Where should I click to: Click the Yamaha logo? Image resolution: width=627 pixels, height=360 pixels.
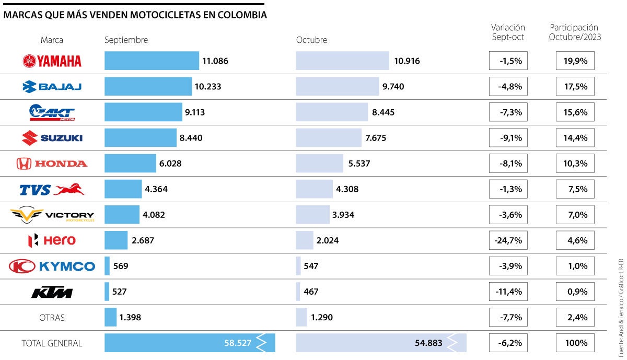tap(52, 61)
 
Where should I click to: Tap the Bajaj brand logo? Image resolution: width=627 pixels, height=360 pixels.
tap(52, 87)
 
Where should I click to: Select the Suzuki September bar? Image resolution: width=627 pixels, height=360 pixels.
tap(140, 138)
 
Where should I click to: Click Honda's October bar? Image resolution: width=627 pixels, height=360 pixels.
tap(319, 164)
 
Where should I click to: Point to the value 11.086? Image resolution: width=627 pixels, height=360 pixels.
tap(215, 61)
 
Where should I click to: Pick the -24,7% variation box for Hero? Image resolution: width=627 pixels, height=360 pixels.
tap(508, 240)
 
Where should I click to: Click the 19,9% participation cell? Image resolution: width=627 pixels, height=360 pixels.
tap(575, 61)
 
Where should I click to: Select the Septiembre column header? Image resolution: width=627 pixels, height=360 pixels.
tap(126, 40)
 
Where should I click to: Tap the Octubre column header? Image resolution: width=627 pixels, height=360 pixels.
tap(311, 40)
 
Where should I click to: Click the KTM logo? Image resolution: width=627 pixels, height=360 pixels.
tap(52, 292)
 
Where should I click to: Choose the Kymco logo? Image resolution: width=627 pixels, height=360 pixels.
tap(52, 266)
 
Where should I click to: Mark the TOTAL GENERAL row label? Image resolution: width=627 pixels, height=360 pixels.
tap(52, 343)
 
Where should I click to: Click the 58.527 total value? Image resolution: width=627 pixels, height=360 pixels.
tap(238, 343)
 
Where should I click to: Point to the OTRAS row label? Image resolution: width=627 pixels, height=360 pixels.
tap(52, 317)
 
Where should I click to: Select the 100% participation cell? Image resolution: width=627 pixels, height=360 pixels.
tap(575, 343)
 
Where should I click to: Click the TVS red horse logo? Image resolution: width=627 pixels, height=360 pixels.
tap(68, 189)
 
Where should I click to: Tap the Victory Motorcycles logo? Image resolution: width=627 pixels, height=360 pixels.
tap(52, 215)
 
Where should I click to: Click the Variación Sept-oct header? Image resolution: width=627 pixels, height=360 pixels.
tap(508, 32)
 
